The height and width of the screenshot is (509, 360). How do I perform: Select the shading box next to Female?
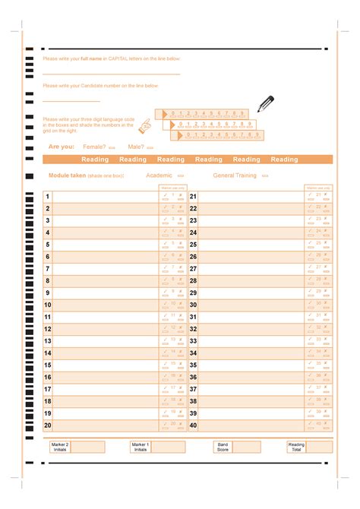(x=112, y=147)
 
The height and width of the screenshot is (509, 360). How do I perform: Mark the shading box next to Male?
(x=150, y=147)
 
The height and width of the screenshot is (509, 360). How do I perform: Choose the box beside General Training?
(x=265, y=175)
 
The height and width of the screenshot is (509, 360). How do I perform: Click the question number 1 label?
(x=47, y=197)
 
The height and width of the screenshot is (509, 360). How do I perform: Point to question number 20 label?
(x=48, y=425)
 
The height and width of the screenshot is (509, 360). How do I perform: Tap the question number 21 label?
(x=193, y=197)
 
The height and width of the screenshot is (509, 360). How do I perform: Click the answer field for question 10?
(x=105, y=305)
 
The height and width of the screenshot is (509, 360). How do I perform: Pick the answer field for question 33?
(x=251, y=341)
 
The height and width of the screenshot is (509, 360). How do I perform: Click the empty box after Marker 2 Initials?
(x=88, y=447)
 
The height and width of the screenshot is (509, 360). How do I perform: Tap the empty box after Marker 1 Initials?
(x=168, y=447)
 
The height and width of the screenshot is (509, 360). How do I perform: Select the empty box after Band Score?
(x=246, y=447)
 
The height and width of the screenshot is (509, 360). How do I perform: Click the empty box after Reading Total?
(x=319, y=447)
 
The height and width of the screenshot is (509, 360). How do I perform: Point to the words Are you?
(x=62, y=147)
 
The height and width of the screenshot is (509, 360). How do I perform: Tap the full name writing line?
(x=111, y=74)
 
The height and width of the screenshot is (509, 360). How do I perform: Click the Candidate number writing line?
(x=71, y=101)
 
